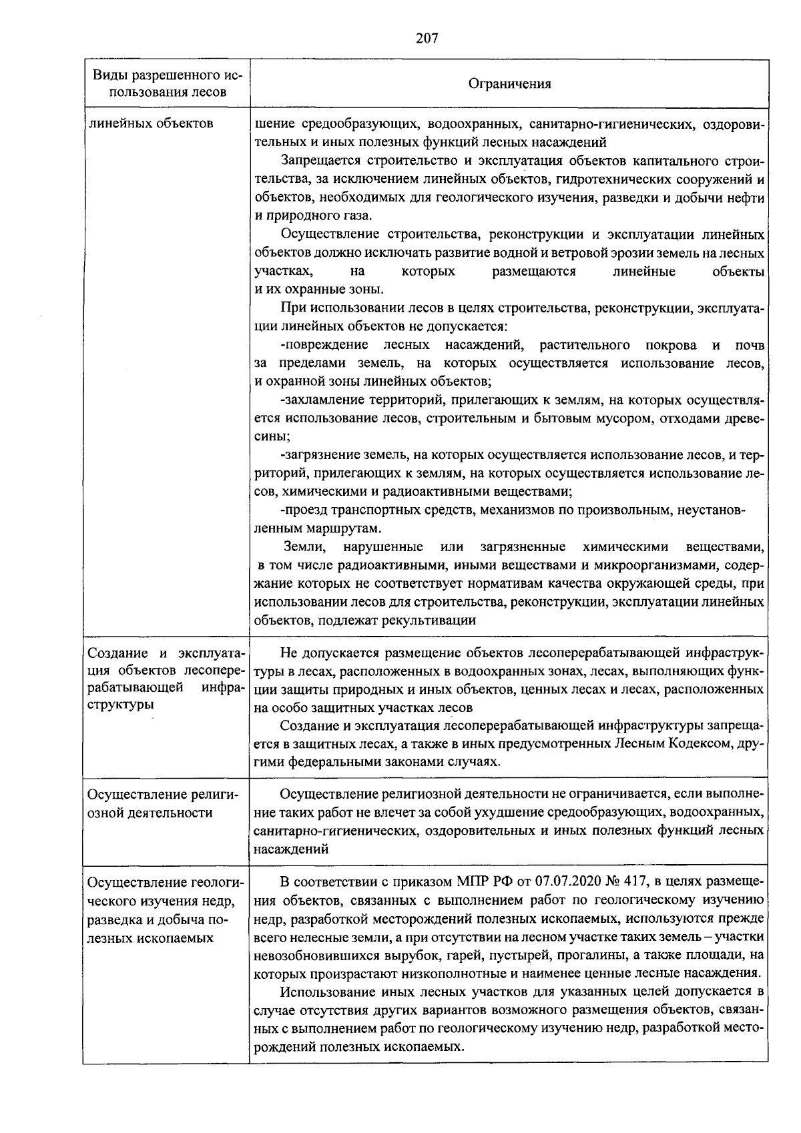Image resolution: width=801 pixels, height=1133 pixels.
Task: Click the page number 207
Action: coord(427,38)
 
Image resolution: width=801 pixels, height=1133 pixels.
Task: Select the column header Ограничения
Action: coord(510,83)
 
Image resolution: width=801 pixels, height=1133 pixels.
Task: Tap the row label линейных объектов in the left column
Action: coord(151,123)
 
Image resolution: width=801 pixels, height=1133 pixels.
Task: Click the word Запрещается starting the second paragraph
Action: coord(316,160)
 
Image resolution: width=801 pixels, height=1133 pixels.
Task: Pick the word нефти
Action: coord(748,198)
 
